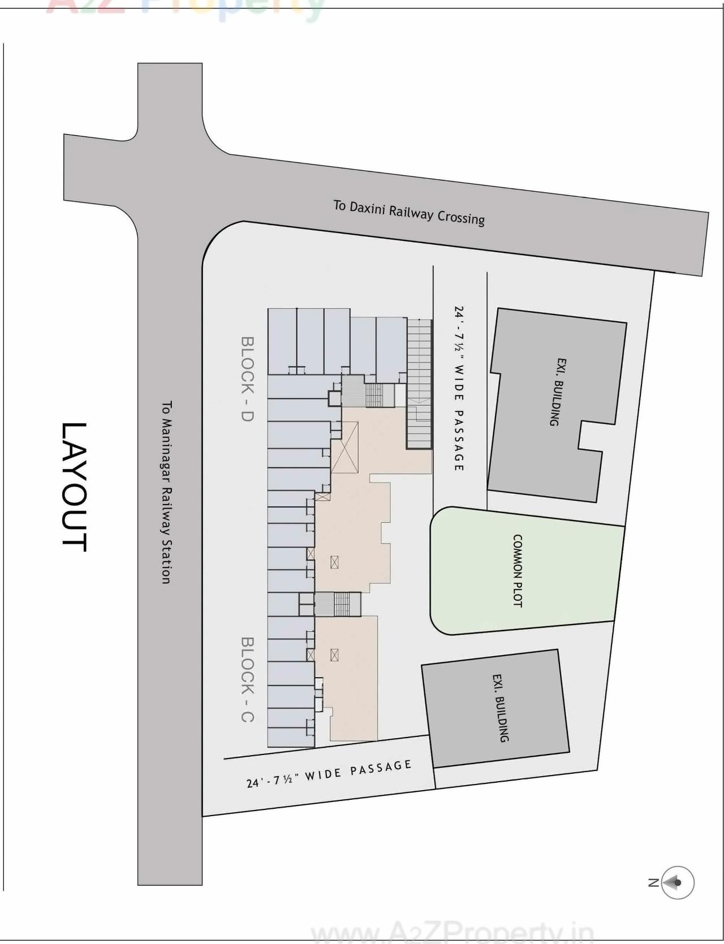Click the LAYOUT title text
[74, 486]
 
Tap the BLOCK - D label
[247, 378]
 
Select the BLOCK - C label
[247, 679]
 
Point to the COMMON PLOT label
[517, 571]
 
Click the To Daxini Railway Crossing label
[409, 213]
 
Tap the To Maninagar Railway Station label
[166, 492]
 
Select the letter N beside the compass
[653, 882]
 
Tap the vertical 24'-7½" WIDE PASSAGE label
[459, 389]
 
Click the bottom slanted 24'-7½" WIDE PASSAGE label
[329, 774]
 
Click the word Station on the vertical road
[166, 560]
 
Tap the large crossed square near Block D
[344, 447]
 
